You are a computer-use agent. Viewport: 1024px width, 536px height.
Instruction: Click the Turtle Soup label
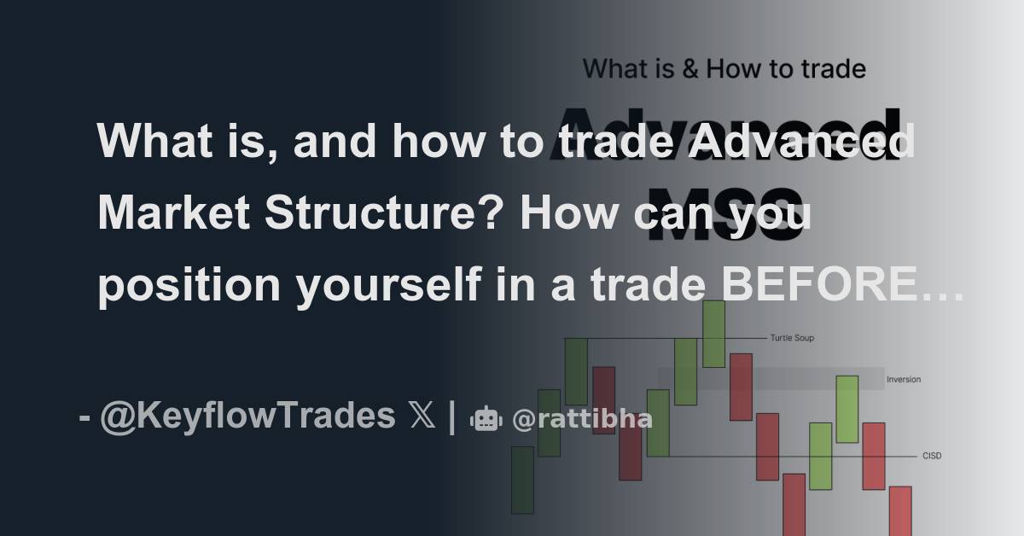(x=791, y=338)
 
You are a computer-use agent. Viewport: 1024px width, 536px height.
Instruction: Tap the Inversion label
(x=904, y=379)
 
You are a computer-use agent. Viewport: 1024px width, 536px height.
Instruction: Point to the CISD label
(x=932, y=456)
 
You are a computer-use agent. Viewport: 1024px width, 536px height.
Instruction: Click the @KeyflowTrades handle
(x=247, y=417)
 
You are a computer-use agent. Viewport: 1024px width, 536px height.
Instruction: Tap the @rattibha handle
(x=582, y=419)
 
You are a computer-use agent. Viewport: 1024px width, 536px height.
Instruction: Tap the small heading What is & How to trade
(x=724, y=69)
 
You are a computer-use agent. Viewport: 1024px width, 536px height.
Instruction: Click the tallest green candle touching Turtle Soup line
(x=713, y=334)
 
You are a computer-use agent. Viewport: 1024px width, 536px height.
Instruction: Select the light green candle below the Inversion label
(x=847, y=409)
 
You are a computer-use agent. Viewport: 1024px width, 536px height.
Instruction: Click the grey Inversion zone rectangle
(x=771, y=378)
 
